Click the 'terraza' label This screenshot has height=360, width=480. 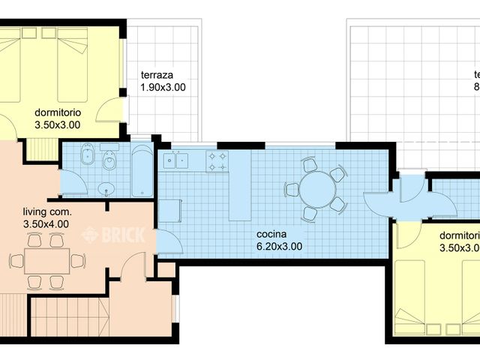[x=157, y=75]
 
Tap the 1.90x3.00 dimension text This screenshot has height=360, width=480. [x=163, y=88]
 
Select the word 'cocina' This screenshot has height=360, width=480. [x=273, y=233]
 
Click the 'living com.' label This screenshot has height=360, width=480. [x=46, y=211]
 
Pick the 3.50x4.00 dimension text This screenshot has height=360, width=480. [x=46, y=223]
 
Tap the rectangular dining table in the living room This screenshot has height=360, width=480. [x=46, y=261]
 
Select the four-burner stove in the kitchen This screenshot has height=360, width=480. [x=217, y=160]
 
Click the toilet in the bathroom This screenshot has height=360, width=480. [x=109, y=158]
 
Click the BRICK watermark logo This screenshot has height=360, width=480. [x=112, y=234]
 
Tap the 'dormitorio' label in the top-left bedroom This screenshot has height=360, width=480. [x=58, y=113]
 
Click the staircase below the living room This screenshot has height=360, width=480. [x=52, y=315]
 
